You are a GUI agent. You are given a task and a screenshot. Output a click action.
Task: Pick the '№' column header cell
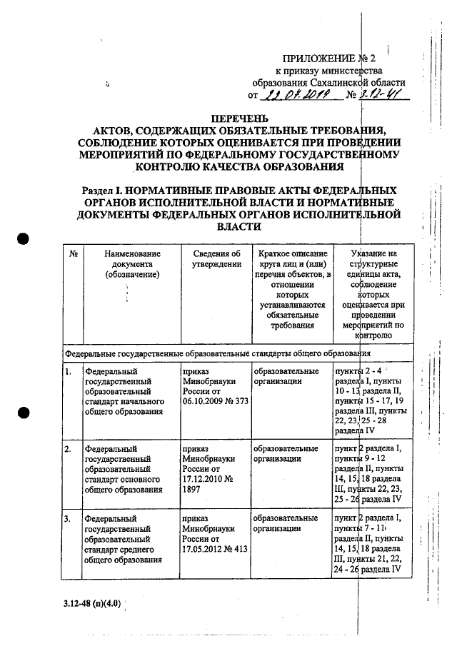pyautogui.click(x=74, y=253)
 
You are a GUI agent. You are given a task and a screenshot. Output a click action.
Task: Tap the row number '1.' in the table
pyautogui.click(x=68, y=372)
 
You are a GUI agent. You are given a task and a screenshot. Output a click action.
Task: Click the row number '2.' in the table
pyautogui.click(x=68, y=449)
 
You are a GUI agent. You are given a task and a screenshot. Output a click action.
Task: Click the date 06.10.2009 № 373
pyautogui.click(x=215, y=402)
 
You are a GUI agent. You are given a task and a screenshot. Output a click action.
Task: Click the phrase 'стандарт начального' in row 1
pyautogui.click(x=124, y=402)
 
